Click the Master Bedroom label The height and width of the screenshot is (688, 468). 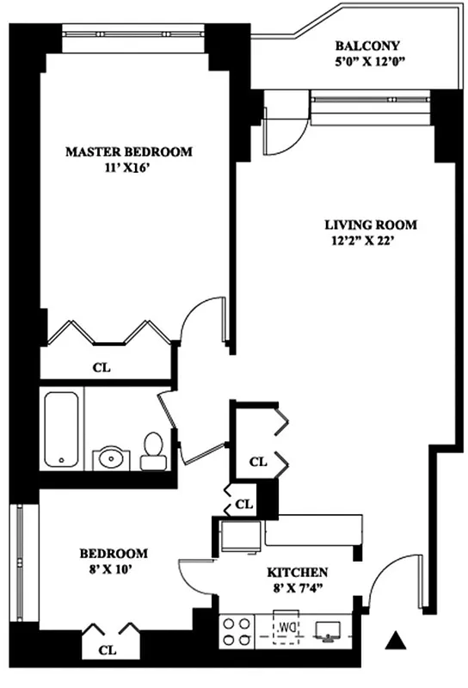(129, 152)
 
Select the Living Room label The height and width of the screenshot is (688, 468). (370, 225)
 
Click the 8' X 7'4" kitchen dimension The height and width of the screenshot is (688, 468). (299, 587)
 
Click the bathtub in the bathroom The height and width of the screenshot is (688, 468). (62, 428)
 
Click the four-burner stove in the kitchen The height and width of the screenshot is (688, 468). (237, 631)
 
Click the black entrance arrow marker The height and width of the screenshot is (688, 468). (395, 640)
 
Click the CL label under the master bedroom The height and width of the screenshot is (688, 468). (101, 368)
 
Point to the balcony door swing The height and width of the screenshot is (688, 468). (280, 128)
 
